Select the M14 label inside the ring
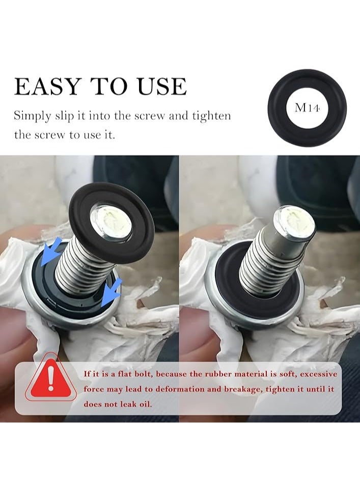307,108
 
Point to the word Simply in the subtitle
32,116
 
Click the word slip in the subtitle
64,116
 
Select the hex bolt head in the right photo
294,224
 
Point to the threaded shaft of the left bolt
80,265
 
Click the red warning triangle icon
50,379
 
